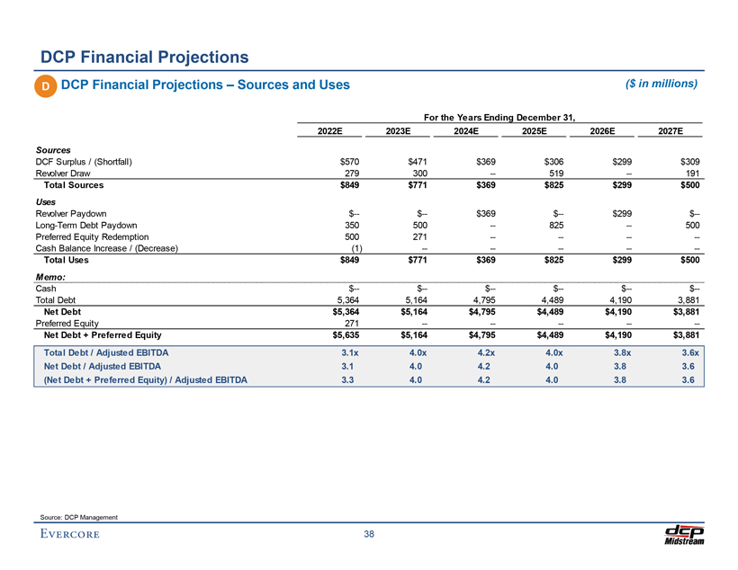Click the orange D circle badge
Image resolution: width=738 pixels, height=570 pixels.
43,85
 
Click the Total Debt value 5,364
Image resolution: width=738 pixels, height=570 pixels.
346,299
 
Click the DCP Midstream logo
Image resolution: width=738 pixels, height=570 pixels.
683,533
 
